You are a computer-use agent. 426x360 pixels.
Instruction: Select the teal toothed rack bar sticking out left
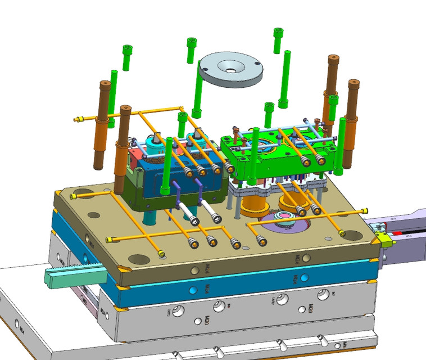[73, 274]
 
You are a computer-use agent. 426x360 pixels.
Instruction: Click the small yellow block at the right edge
[386, 242]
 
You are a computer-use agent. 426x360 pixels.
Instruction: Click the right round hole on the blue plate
[304, 278]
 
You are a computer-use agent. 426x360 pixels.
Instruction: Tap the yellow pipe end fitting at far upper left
[78, 119]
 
